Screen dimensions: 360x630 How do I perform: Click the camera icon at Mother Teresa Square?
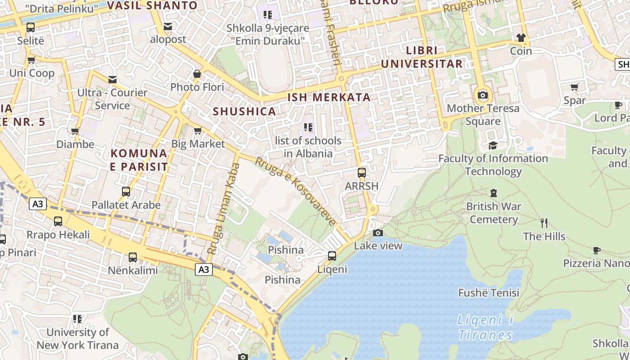483,95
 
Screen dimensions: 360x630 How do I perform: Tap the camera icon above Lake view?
378,233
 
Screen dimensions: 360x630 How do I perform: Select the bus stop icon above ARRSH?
361,172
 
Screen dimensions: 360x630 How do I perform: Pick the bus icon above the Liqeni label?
332,256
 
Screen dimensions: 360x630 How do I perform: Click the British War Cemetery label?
494,213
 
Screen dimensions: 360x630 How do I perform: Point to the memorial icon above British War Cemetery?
494,193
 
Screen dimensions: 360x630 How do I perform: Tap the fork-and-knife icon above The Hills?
544,223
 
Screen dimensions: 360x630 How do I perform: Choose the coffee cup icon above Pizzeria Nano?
597,250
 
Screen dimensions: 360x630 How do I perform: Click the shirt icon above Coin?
521,37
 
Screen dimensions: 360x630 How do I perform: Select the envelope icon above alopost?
168,27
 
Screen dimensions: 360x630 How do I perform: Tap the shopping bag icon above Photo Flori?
197,73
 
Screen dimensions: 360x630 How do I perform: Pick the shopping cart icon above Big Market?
197,131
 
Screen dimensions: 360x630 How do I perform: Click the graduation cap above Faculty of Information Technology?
493,145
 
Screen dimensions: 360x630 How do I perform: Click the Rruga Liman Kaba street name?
224,208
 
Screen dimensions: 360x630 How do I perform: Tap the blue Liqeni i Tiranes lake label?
485,328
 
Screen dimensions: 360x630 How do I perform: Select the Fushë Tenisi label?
489,293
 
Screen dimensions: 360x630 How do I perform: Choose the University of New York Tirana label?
78,339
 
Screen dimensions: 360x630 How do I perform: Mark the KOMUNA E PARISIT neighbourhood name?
139,160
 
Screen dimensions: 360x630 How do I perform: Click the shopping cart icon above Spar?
575,87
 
